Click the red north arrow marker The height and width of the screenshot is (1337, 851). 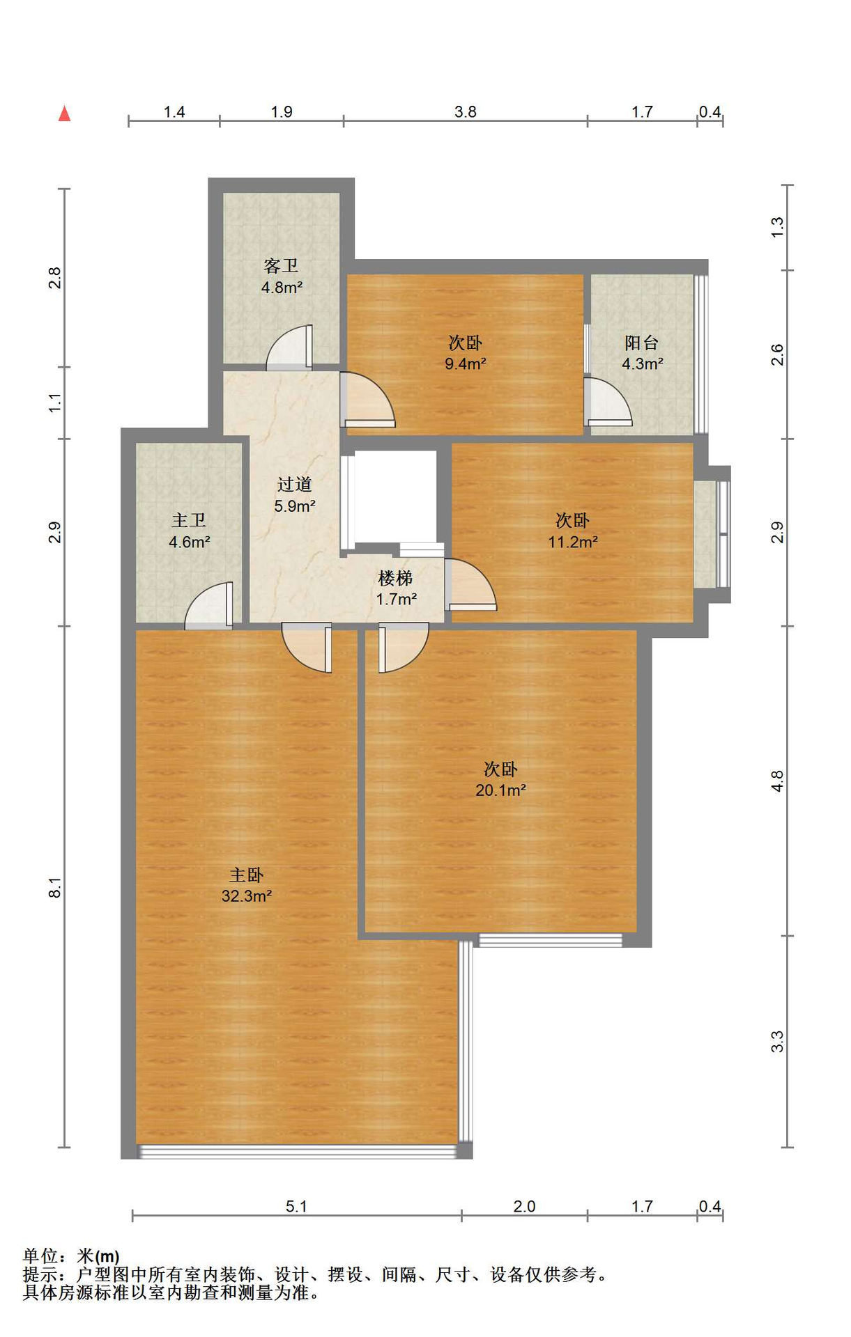65,114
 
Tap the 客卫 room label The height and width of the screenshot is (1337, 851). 281,266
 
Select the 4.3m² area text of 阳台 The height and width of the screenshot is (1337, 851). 643,363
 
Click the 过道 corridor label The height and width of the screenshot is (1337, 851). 294,485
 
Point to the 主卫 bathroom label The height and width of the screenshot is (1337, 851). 189,521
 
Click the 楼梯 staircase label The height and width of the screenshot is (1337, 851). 395,578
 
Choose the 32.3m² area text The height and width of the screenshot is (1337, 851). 247,896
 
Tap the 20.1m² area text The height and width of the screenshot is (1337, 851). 500,790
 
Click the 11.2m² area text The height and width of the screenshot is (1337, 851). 573,542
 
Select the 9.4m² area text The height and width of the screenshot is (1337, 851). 466,363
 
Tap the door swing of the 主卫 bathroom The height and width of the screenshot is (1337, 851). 208,605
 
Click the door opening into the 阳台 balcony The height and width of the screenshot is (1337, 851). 608,401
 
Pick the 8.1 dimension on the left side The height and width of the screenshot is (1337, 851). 55,888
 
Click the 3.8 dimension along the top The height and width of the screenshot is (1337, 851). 466,112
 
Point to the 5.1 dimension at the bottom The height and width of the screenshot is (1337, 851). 296,1207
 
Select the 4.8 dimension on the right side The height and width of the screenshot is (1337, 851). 777,781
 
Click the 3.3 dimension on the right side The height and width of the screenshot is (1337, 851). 777,1042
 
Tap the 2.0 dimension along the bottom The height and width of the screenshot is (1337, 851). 524,1207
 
